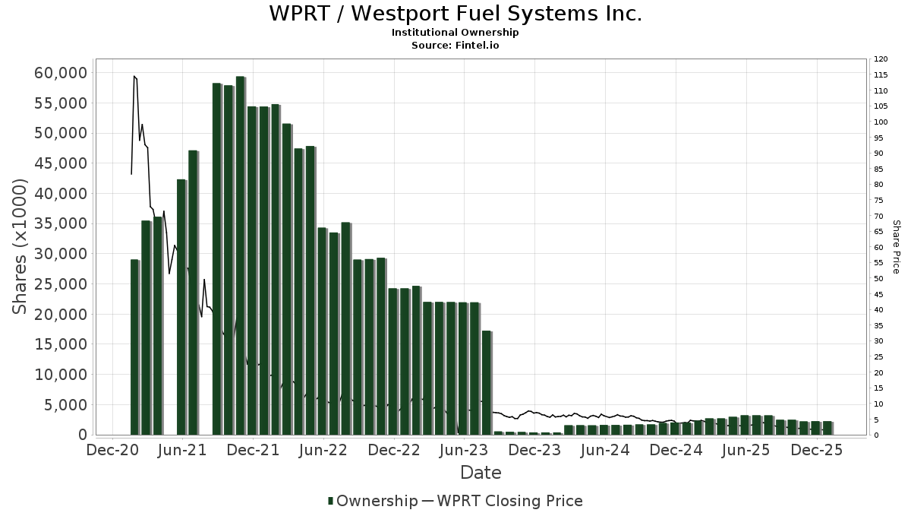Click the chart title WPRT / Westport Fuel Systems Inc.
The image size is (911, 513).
tap(455, 14)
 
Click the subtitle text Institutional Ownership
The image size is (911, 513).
tap(455, 33)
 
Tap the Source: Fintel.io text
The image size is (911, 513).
tap(455, 45)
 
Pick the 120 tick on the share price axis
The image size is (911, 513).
tap(881, 59)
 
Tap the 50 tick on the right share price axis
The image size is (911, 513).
tap(878, 279)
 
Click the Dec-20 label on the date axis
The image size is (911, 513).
tap(112, 450)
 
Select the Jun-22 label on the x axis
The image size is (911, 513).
tap(323, 450)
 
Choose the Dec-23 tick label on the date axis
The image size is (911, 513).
tap(534, 450)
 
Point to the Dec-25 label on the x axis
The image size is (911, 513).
tap(816, 450)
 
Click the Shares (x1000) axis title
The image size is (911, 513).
tap(20, 246)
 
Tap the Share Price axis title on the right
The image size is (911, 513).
tap(896, 246)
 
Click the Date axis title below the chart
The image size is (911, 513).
tap(481, 473)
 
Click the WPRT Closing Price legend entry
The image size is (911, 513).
tap(509, 501)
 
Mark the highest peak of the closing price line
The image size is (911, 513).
tap(134, 76)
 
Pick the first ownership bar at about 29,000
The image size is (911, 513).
tap(135, 347)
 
